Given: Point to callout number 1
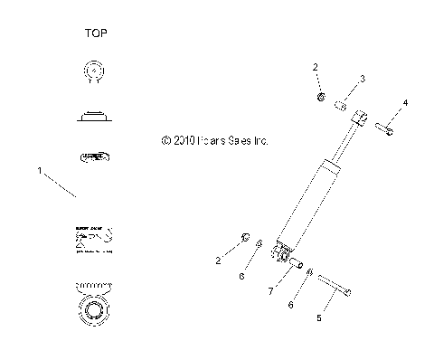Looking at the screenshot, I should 38,169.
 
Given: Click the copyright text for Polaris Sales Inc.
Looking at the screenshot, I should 214,141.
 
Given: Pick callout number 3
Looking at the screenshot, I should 361,80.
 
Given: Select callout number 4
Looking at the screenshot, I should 405,104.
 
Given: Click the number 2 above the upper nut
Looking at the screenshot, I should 316,68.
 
